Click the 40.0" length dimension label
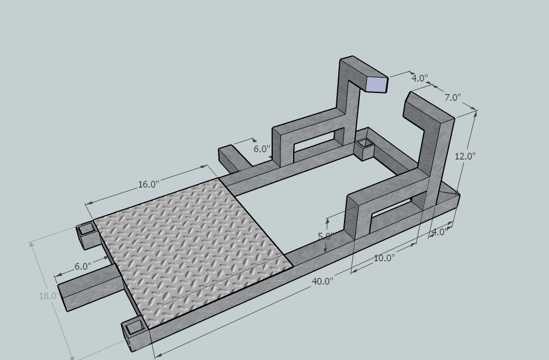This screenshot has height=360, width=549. click(x=322, y=281)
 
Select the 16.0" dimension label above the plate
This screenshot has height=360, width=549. click(x=148, y=184)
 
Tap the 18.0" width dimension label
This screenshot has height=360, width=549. click(x=48, y=296)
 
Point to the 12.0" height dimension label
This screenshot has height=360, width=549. click(x=465, y=156)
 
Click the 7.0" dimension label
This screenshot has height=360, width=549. click(x=453, y=98)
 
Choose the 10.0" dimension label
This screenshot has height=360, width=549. click(x=384, y=258)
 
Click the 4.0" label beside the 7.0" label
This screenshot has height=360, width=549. click(x=419, y=78)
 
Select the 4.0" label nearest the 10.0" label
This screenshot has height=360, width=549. click(x=439, y=232)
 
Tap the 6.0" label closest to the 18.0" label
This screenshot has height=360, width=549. click(x=83, y=266)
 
